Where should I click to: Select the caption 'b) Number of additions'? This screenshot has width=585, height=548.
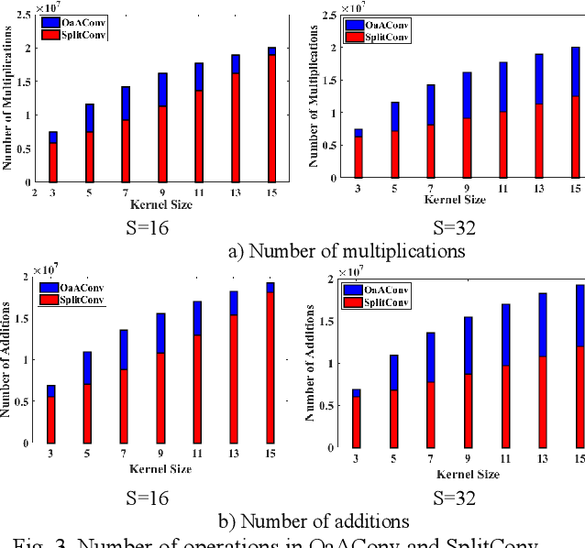pyautogui.click(x=313, y=521)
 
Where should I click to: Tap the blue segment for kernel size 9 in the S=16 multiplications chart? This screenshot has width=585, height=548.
pyautogui.click(x=162, y=90)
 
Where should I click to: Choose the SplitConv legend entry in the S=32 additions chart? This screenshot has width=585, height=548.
pyautogui.click(x=374, y=302)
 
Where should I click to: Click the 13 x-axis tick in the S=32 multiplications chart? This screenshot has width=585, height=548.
pyautogui.click(x=539, y=188)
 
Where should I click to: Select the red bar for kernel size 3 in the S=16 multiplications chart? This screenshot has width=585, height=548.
pyautogui.click(x=54, y=162)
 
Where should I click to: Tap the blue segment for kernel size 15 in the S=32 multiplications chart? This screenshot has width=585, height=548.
pyautogui.click(x=575, y=71)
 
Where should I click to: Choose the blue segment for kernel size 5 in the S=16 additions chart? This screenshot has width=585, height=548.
pyautogui.click(x=88, y=367)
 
